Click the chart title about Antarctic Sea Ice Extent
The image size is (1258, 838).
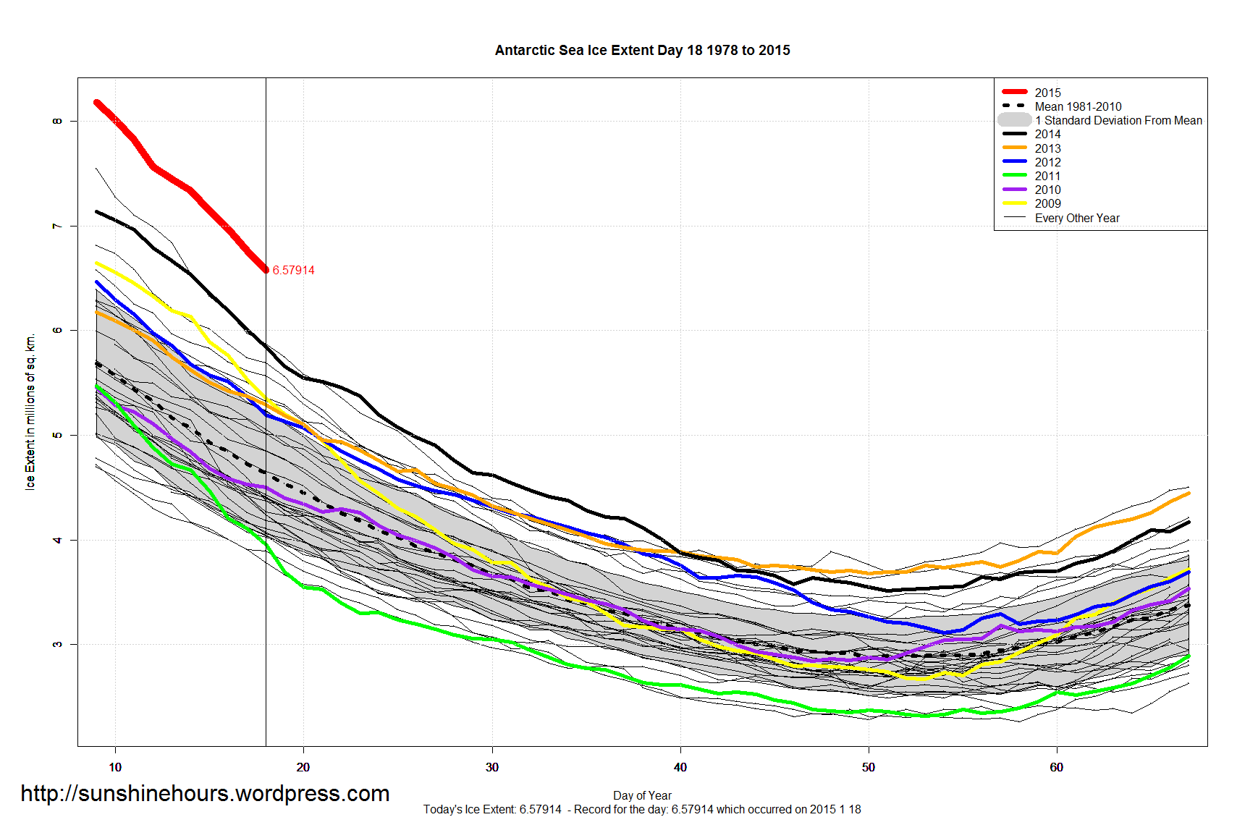(642, 51)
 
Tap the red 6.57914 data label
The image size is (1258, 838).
(293, 271)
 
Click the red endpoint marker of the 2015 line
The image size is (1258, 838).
(266, 270)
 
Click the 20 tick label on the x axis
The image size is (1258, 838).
(303, 767)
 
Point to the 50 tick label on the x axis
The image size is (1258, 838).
(869, 767)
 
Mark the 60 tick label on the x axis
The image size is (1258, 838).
(1057, 767)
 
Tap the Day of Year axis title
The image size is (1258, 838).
(642, 795)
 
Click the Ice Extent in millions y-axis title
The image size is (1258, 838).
(30, 412)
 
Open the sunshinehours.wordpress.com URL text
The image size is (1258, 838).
(205, 794)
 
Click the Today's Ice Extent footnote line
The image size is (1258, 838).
(642, 810)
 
